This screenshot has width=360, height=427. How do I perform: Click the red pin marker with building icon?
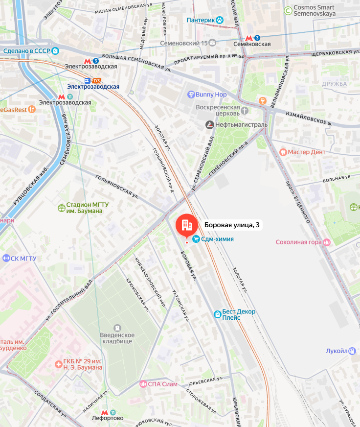(x=186, y=225)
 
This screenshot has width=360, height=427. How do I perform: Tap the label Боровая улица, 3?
(x=231, y=225)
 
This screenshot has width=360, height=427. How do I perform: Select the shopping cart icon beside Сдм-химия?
(x=196, y=239)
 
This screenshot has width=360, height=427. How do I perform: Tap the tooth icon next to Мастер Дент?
(x=282, y=152)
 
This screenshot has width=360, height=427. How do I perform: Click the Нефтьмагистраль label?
(x=241, y=125)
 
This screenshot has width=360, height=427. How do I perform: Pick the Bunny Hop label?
(x=211, y=94)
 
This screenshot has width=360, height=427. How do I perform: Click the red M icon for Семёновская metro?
(x=249, y=38)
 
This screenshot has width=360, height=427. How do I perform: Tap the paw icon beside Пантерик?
(x=220, y=20)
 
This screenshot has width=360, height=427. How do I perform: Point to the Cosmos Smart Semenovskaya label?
(x=314, y=11)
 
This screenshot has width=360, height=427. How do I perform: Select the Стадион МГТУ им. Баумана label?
(x=84, y=208)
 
